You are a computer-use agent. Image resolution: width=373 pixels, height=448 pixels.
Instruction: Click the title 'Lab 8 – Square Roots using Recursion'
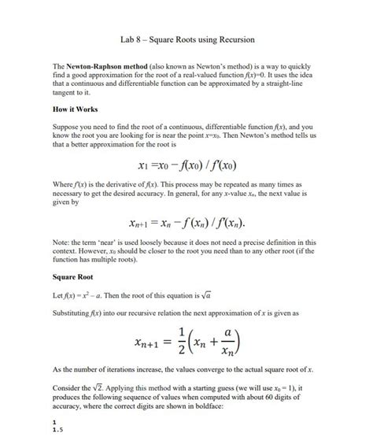(x=186, y=39)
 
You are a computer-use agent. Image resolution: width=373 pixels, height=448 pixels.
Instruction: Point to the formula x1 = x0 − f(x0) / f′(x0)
(x=186, y=165)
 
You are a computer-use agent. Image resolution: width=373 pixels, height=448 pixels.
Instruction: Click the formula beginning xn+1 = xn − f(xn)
(x=187, y=222)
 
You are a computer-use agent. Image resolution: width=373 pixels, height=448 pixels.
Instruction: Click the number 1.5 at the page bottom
(x=57, y=431)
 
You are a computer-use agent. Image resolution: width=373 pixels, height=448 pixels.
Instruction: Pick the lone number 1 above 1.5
(x=54, y=423)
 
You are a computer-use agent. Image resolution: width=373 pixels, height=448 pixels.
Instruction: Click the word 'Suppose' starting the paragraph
(x=66, y=126)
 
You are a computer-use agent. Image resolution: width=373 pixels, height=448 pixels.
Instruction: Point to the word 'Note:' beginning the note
(x=61, y=243)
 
